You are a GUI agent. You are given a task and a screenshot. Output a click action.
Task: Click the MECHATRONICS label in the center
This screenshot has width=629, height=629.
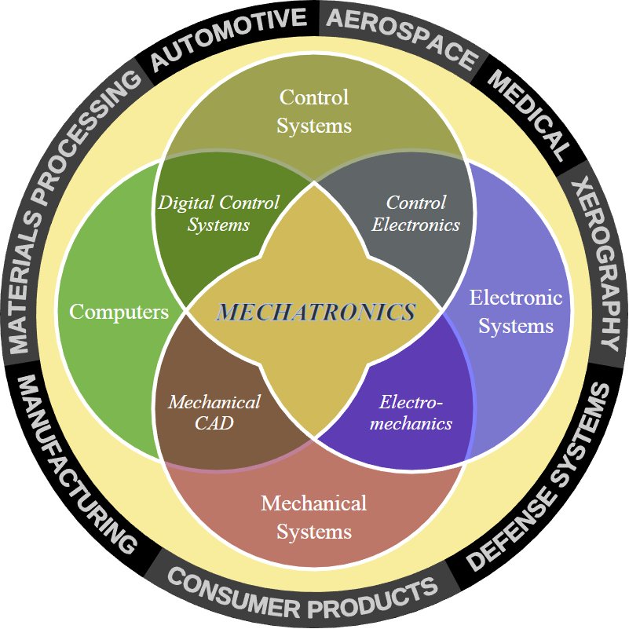pos(316,312)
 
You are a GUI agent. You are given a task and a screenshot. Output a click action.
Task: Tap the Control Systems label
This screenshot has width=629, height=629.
pos(314,112)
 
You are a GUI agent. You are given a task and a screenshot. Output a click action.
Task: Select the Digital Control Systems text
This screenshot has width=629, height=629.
pos(218,214)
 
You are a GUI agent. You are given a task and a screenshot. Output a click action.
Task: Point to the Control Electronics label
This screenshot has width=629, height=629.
pos(416,214)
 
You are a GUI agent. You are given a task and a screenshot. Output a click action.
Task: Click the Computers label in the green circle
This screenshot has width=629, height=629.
pos(119,312)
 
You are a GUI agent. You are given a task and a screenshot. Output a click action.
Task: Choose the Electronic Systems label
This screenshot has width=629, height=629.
pos(516,312)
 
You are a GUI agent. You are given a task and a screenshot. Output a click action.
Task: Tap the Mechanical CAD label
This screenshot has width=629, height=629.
pos(214,413)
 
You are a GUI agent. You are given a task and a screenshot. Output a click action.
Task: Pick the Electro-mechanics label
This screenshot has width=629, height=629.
pos(415,413)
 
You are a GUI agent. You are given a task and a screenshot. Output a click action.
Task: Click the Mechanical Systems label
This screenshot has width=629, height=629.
pos(314,517)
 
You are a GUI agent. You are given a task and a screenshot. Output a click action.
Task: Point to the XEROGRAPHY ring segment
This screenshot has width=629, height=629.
pos(595,264)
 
